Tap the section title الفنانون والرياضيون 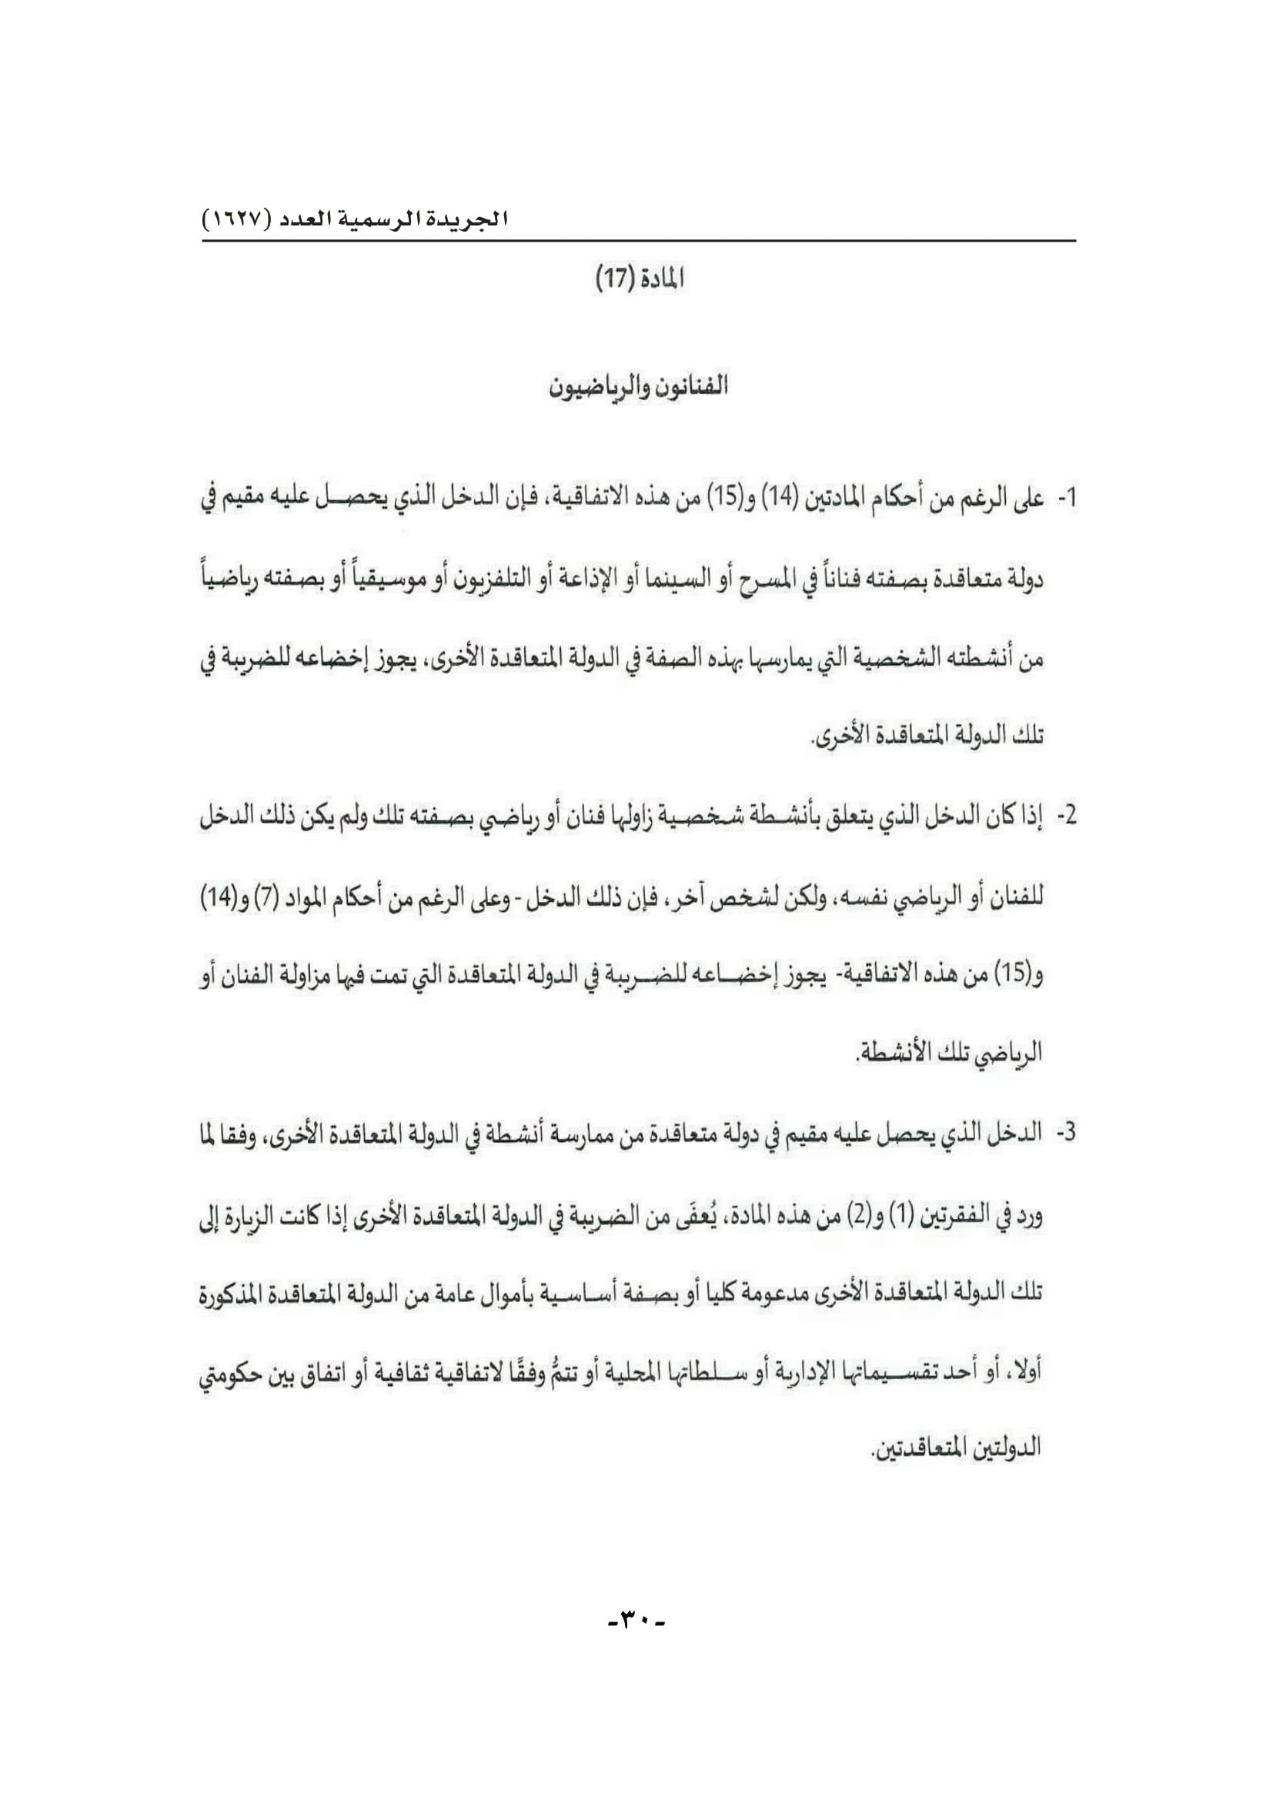[638, 386]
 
